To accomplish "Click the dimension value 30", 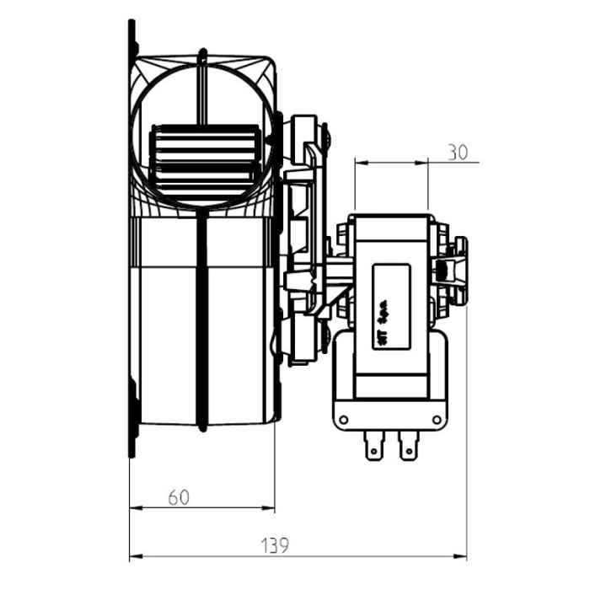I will pos(457,153).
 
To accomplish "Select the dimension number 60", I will pos(178,497).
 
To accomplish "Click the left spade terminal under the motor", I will pos(373,447).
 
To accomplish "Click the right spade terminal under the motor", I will pos(410,447).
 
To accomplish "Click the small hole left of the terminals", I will pos(345,419).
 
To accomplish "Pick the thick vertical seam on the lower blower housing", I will pos(201,320).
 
